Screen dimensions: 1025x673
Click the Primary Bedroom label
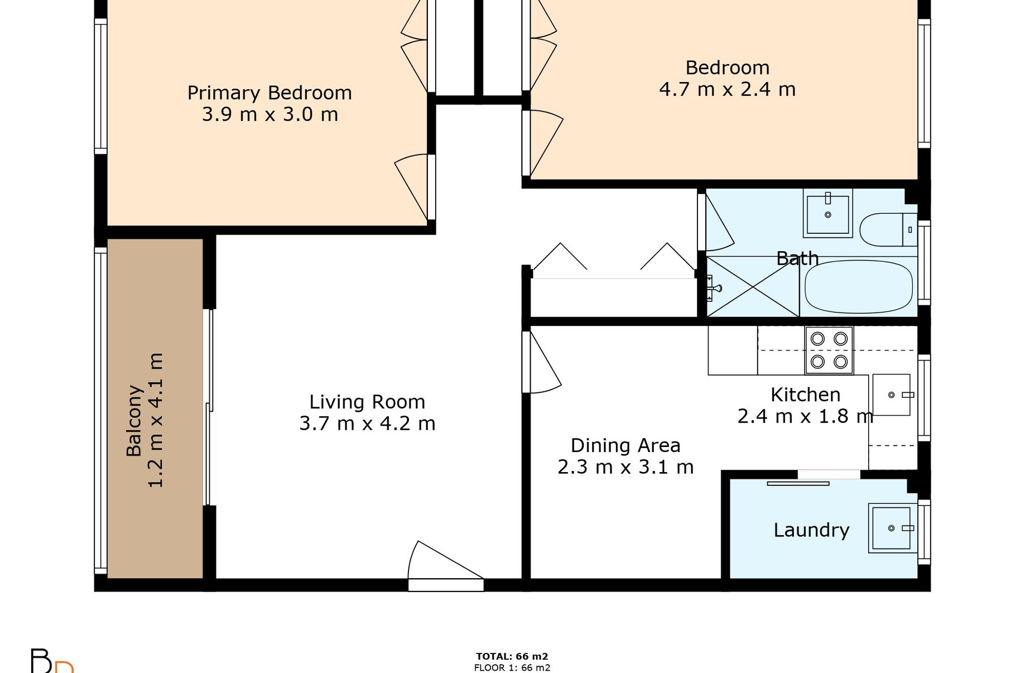(x=270, y=93)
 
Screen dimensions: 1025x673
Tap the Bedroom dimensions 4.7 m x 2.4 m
(x=727, y=89)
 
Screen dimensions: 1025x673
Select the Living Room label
(x=367, y=402)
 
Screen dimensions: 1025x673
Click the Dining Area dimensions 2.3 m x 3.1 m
(x=625, y=467)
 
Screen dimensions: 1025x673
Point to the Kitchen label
(x=805, y=395)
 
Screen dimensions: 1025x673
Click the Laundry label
(x=811, y=530)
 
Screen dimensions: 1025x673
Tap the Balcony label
(x=134, y=421)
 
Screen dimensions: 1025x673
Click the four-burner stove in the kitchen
(x=829, y=350)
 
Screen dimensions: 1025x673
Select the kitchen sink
(x=891, y=395)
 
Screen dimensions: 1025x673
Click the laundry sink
(x=892, y=528)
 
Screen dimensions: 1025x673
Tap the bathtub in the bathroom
(x=859, y=286)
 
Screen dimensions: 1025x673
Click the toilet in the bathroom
(x=888, y=229)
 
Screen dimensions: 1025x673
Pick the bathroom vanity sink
(x=828, y=213)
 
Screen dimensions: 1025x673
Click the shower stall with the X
(x=753, y=286)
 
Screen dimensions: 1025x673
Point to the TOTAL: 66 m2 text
(x=512, y=656)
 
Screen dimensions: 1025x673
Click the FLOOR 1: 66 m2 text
(x=512, y=667)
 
